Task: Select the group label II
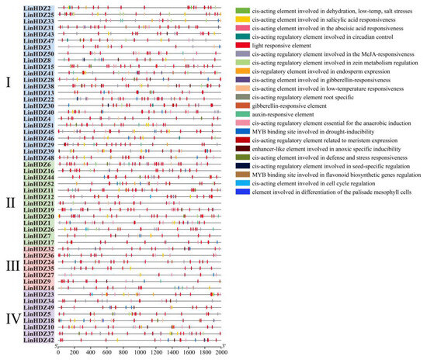pos(9,203)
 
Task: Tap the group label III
pos(11,265)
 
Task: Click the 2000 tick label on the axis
pos(221,353)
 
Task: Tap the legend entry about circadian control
pos(319,36)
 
